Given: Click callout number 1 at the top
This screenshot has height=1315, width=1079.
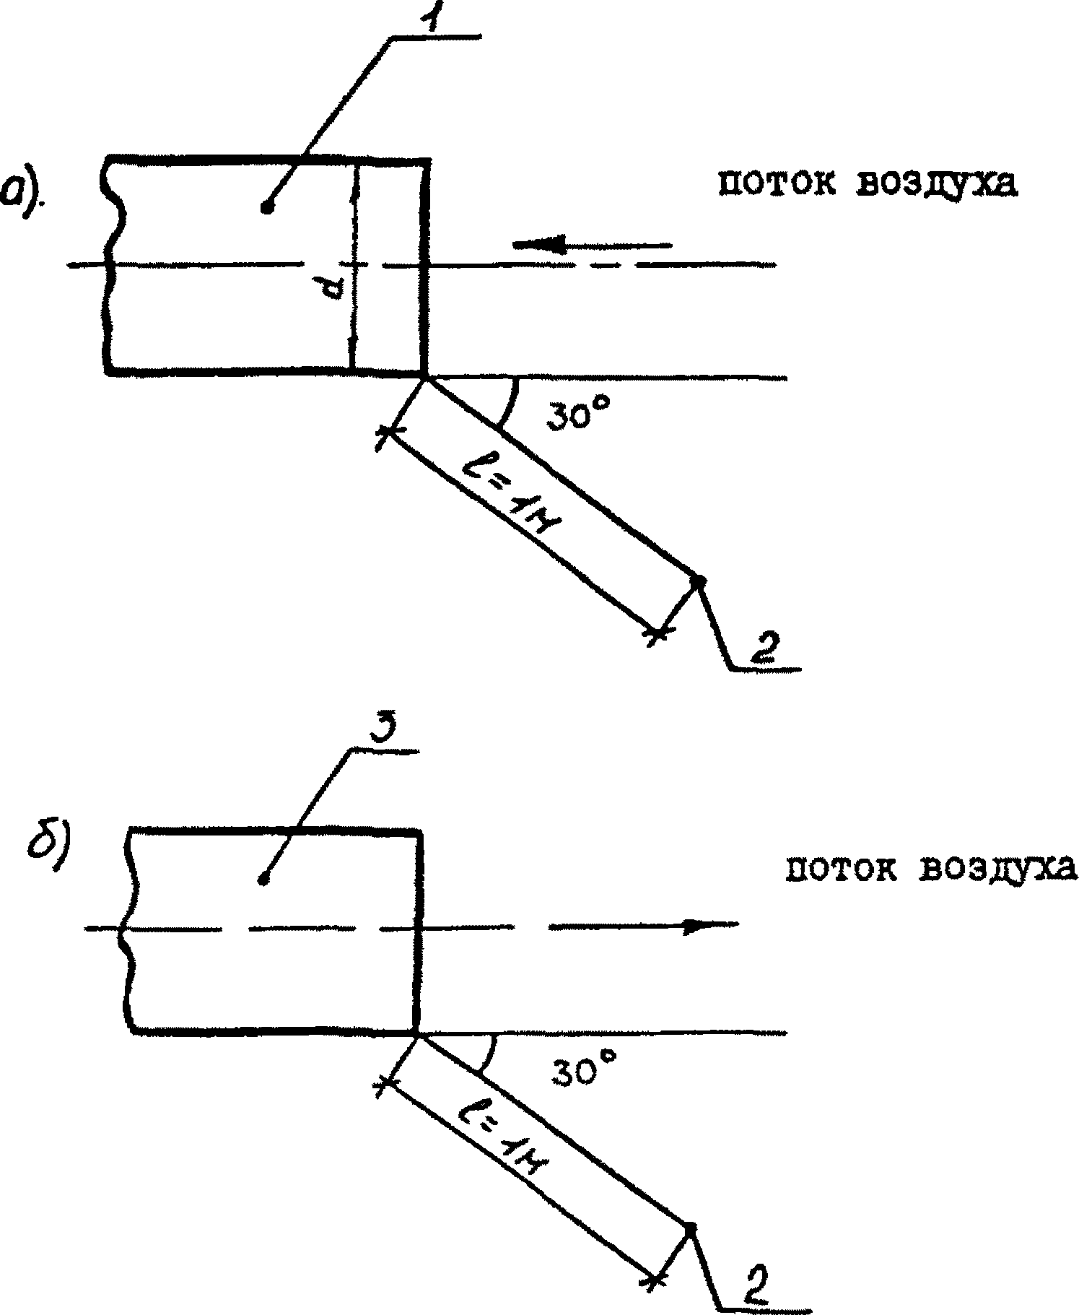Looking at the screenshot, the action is (423, 14).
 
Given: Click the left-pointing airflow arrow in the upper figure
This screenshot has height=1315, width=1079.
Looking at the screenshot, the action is (592, 246).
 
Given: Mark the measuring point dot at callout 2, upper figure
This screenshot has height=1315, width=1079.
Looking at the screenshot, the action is (698, 580).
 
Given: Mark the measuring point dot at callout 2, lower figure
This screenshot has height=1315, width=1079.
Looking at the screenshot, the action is (690, 1226).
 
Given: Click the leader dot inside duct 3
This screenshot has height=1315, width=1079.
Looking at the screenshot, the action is (263, 879).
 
